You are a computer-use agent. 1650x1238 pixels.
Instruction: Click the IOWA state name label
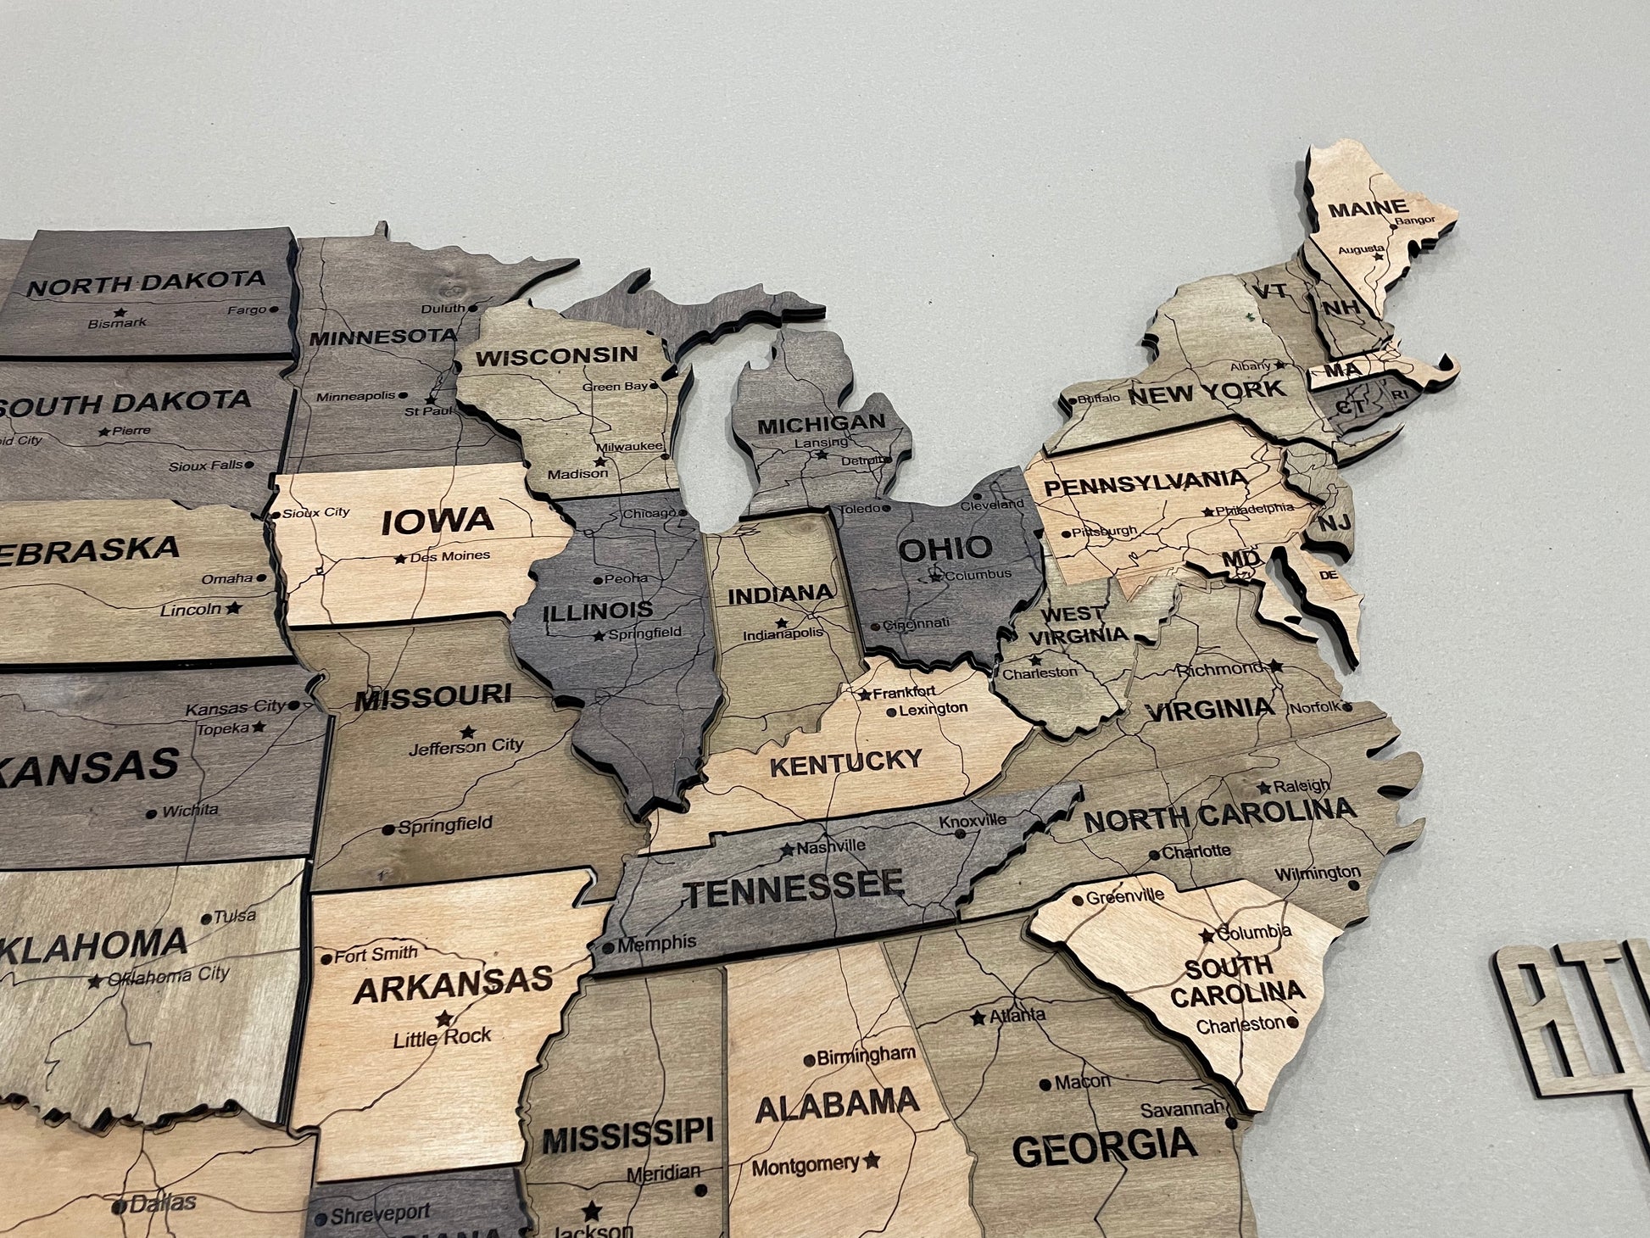click(x=437, y=521)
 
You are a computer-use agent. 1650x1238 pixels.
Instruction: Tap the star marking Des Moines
click(x=399, y=559)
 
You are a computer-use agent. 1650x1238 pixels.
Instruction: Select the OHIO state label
click(x=945, y=549)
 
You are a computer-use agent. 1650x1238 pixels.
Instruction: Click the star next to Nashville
click(x=788, y=849)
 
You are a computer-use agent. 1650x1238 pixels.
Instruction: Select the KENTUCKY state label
click(x=845, y=762)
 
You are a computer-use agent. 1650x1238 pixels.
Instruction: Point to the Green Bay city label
click(x=615, y=387)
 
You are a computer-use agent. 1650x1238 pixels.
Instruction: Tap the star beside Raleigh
click(x=1264, y=788)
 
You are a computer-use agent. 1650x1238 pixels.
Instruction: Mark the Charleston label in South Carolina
click(x=1240, y=1025)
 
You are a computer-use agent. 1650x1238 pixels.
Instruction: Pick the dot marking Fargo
click(x=274, y=310)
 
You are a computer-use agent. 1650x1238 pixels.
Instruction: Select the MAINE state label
click(x=1367, y=208)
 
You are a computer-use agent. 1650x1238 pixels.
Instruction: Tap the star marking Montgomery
click(x=872, y=1160)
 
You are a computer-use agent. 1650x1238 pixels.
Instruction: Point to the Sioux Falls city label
click(x=205, y=466)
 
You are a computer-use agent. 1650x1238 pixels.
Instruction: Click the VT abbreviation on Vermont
click(x=1269, y=291)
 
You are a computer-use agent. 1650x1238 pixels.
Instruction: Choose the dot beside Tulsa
click(x=206, y=918)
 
